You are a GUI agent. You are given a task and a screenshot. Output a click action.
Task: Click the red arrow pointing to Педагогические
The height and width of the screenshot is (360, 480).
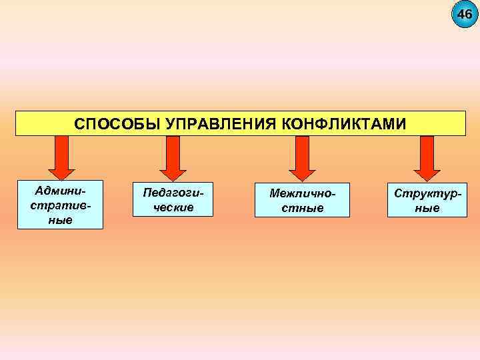click(173, 157)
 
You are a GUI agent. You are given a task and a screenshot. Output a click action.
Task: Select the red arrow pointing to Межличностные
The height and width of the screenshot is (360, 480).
click(301, 157)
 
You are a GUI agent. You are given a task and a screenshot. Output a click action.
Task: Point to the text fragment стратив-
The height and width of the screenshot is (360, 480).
click(61, 204)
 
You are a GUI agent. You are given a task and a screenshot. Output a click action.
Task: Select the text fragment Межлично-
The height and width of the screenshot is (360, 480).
click(301, 193)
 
